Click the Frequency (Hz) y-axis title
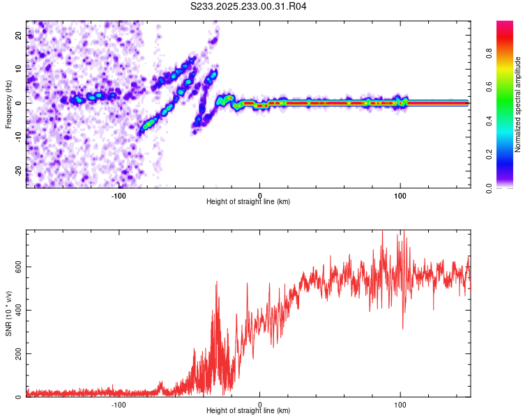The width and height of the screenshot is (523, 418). [8, 104]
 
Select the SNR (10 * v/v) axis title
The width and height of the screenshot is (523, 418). [8, 313]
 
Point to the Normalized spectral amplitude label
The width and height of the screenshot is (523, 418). [517, 104]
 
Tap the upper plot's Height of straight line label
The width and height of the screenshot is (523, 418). [248, 201]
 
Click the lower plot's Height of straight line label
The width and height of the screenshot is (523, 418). [248, 410]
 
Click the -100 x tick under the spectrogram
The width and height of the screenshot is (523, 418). [119, 194]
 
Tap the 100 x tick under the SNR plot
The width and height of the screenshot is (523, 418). [400, 404]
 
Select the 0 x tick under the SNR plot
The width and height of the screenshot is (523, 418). [259, 404]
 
